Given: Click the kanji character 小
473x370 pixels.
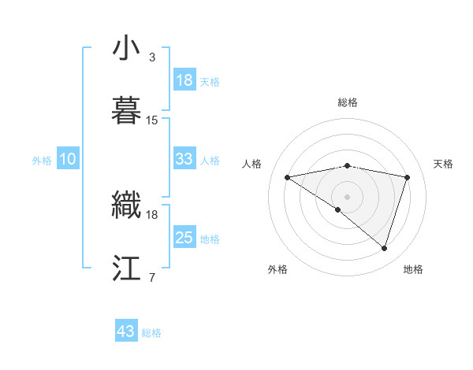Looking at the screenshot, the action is click(127, 50).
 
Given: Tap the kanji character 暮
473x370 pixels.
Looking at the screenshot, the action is click(127, 109).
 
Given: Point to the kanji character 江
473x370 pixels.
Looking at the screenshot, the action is click(127, 268).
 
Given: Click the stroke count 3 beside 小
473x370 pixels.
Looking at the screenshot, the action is click(152, 58).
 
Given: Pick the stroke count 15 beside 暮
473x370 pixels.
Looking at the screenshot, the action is click(152, 120).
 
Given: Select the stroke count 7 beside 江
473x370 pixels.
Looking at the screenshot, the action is click(152, 276).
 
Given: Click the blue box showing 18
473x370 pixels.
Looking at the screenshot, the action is click(184, 80).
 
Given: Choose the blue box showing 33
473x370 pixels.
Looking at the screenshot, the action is click(184, 159).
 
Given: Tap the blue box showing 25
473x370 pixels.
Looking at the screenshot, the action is click(184, 238).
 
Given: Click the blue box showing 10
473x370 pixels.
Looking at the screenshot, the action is click(68, 159).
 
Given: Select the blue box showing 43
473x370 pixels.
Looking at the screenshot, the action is click(126, 331).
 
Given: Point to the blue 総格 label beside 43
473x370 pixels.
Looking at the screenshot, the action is click(151, 333).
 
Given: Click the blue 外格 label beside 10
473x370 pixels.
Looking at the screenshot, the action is click(42, 160).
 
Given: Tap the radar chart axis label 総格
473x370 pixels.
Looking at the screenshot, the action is click(348, 102).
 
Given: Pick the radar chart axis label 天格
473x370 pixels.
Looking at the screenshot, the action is click(443, 164).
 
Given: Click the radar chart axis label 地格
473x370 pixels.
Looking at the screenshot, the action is click(413, 269).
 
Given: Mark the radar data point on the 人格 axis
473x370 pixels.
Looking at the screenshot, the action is click(288, 177).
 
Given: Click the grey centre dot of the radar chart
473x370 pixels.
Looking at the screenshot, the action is click(348, 196).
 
